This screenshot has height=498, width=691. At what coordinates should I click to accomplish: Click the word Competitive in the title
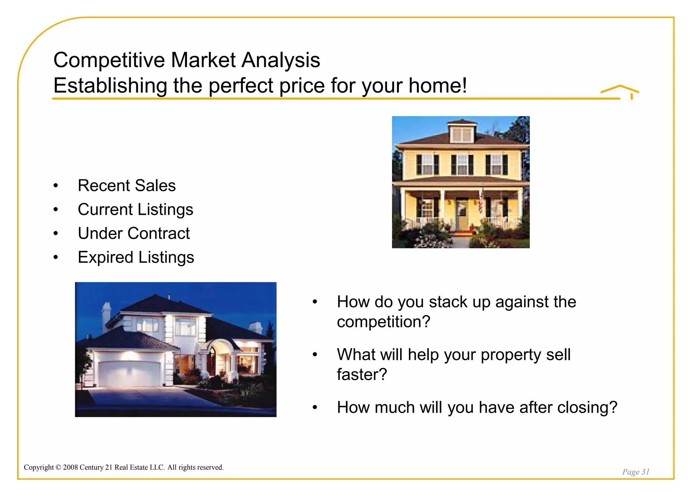coord(109,60)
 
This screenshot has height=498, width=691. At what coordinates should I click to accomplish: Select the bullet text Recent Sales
coord(127,185)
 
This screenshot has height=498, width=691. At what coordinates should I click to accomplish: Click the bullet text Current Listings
coord(135,209)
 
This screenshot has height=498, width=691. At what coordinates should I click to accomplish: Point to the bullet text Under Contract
coord(134,233)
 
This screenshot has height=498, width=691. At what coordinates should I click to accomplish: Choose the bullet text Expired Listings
coord(136,257)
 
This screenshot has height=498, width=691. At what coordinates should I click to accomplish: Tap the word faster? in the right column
coord(362,375)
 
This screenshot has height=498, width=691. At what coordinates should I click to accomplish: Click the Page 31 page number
coord(636,472)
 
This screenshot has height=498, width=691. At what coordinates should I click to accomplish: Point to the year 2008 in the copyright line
coord(71,467)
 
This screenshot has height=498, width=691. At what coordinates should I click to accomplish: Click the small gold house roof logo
coord(620,91)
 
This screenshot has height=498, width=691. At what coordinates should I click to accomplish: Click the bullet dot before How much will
coord(315,408)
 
